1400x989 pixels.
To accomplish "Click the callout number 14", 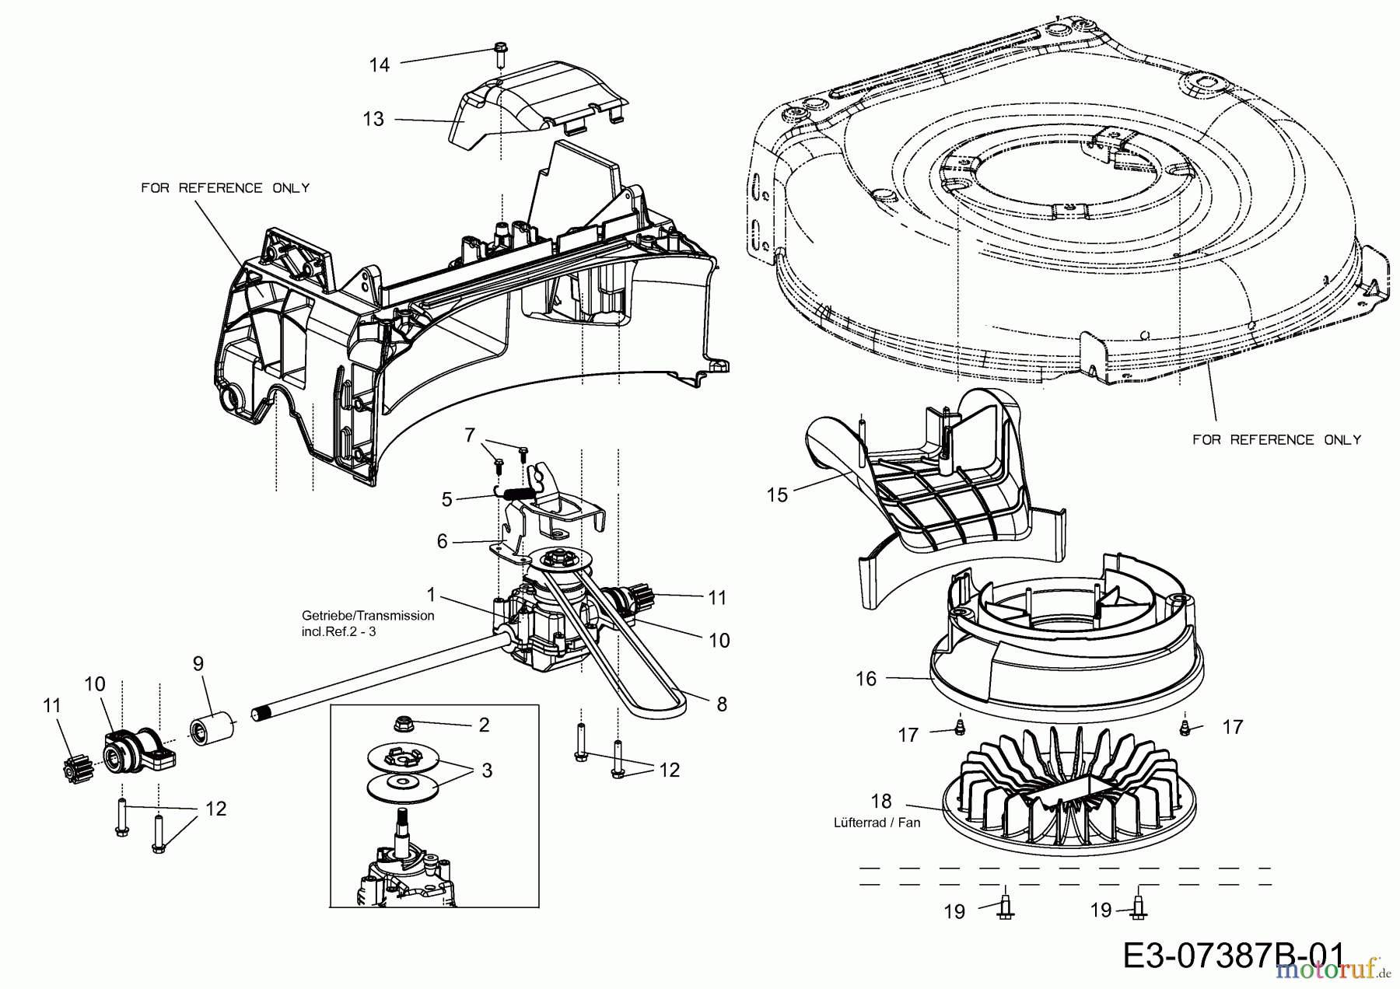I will click(x=379, y=65).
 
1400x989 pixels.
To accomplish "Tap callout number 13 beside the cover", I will click(x=373, y=119).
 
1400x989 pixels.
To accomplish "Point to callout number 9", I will click(x=198, y=663).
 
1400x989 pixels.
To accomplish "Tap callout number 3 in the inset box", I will click(x=487, y=770).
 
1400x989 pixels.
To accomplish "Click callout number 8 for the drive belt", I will click(x=722, y=704).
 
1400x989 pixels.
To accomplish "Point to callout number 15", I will click(x=777, y=494).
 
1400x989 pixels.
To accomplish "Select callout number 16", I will click(x=865, y=679).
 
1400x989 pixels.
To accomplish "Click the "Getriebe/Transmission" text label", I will click(x=368, y=615).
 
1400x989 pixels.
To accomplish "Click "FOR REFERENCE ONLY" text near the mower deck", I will click(x=1276, y=440).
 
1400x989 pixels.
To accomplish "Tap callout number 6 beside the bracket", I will click(x=443, y=541).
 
